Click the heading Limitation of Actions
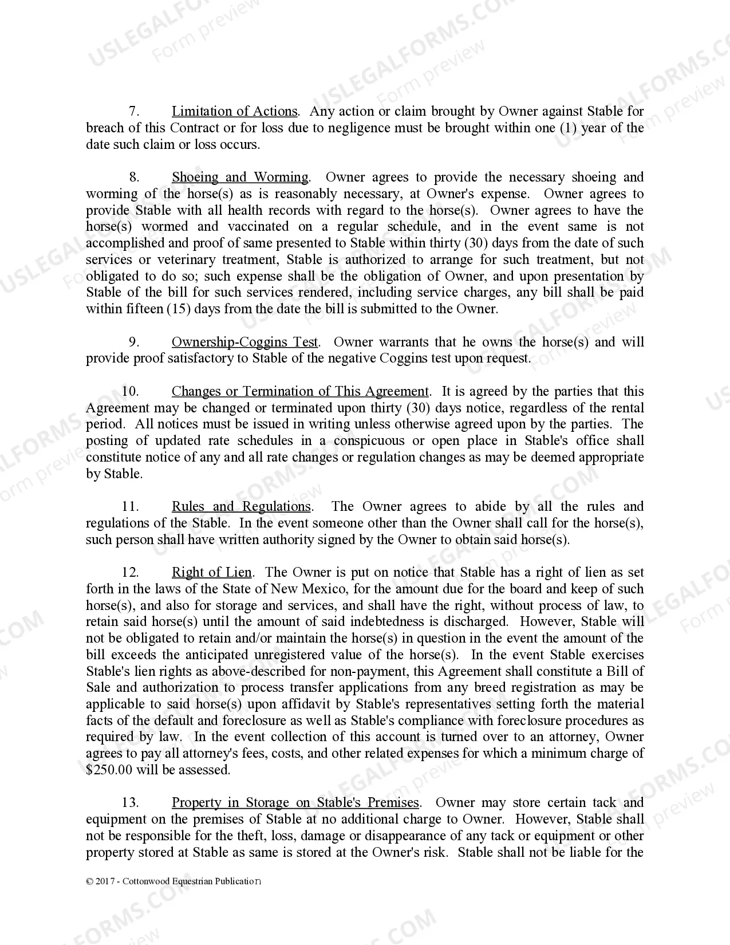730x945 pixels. coord(235,111)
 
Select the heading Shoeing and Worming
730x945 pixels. coord(240,177)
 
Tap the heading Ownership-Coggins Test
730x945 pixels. coord(244,342)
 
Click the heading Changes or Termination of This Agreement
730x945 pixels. coord(300,391)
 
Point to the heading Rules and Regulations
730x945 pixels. coord(241,506)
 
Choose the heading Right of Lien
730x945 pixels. coord(211,572)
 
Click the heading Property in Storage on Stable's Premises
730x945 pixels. coord(295,802)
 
